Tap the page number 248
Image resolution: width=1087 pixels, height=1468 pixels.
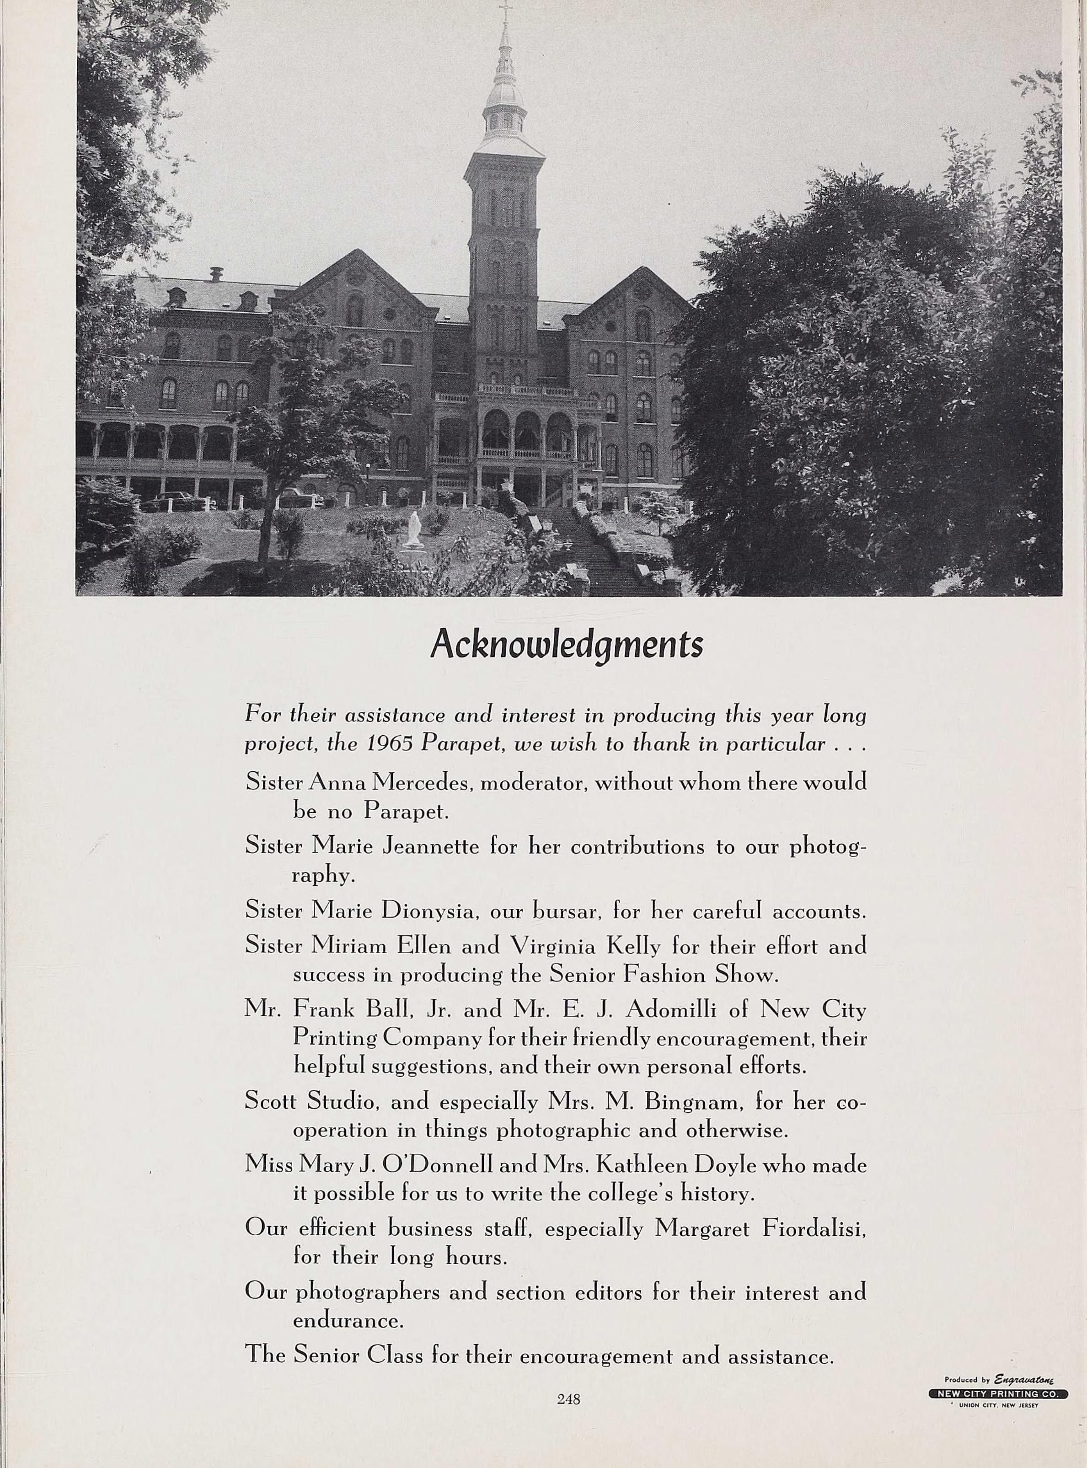point(568,1399)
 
